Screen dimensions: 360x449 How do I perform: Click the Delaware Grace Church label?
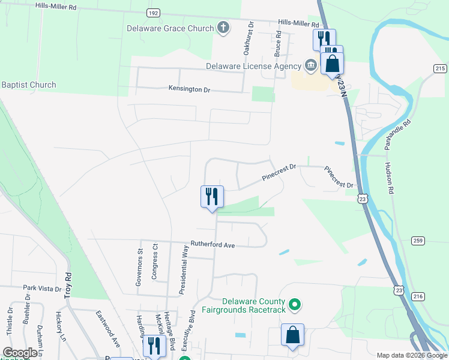point(170,28)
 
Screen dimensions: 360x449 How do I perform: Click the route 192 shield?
point(153,12)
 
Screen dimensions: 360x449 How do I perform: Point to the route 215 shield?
point(439,68)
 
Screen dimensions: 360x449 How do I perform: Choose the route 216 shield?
point(418,296)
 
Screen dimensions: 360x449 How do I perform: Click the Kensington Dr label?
point(190,89)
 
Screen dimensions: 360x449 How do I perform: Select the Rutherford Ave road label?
point(212,244)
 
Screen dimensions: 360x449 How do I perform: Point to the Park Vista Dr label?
point(43,289)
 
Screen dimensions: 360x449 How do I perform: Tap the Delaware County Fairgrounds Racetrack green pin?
point(294,305)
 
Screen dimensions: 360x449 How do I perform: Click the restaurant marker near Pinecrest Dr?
point(212,196)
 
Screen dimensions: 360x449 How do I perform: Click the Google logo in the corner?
point(20,353)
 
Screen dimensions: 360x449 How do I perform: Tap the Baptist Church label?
point(29,85)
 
